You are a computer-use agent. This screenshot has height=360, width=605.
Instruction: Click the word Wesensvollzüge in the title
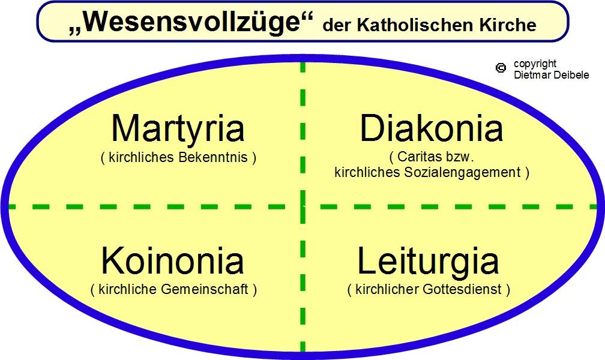click(x=191, y=22)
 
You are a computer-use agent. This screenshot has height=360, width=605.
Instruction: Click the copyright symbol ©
click(x=501, y=68)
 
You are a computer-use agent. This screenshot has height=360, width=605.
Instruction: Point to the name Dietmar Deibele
click(x=552, y=75)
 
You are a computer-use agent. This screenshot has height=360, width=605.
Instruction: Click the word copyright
click(x=535, y=64)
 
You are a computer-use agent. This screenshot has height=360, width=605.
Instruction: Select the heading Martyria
click(x=178, y=129)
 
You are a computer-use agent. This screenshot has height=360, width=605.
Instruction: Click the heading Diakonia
click(x=431, y=128)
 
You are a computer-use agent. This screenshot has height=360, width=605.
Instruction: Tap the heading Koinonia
click(x=172, y=261)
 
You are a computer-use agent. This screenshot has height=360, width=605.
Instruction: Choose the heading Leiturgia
click(x=429, y=262)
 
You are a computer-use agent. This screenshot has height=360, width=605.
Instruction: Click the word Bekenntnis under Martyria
click(x=213, y=157)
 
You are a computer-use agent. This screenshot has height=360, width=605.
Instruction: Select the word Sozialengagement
click(x=463, y=172)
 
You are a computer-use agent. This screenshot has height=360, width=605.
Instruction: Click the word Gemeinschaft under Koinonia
click(x=205, y=289)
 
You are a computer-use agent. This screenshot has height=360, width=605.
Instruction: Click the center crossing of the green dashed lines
click(x=303, y=207)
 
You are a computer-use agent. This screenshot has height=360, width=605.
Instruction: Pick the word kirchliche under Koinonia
click(x=128, y=289)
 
